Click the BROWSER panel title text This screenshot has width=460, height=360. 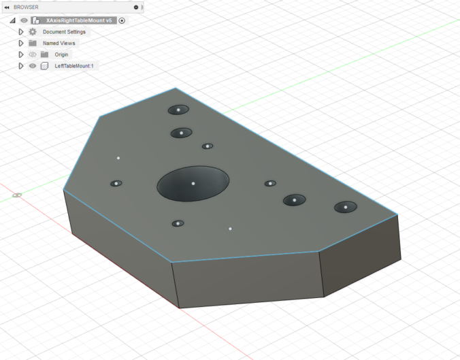tap(26, 7)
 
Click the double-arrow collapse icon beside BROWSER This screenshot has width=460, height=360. tap(7, 7)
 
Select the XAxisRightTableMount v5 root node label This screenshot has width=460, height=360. tap(78, 20)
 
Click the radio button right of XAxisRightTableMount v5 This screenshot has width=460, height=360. tap(122, 20)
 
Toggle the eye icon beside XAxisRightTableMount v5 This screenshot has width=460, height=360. tap(24, 20)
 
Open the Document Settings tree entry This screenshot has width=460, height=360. tap(64, 32)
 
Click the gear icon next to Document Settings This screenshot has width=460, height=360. tap(33, 32)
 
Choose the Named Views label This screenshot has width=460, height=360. tap(60, 43)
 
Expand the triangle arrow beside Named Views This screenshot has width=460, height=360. tap(21, 43)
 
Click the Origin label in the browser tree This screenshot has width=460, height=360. tap(62, 54)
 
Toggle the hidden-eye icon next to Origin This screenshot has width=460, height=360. tap(33, 54)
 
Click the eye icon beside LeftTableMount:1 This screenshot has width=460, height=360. tap(33, 66)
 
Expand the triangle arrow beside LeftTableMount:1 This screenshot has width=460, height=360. tap(21, 66)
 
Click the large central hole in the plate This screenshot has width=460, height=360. tap(193, 183)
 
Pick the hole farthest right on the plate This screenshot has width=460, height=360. tap(346, 207)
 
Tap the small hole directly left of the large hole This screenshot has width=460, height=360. tap(116, 183)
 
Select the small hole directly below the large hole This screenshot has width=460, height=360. tap(178, 223)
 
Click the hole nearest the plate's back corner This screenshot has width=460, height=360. tap(178, 110)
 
